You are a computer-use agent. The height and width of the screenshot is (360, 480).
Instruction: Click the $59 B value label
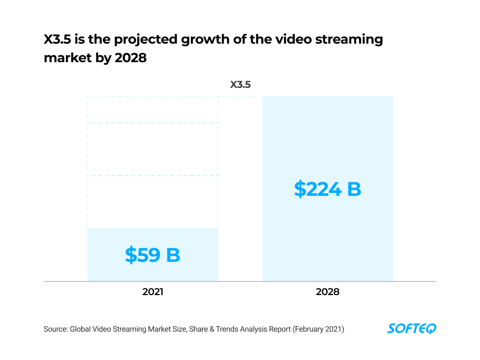152,255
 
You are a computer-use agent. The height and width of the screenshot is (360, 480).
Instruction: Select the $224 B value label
327,189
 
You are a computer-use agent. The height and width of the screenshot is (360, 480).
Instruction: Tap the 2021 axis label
153,292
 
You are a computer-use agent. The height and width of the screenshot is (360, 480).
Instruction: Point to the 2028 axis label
327,292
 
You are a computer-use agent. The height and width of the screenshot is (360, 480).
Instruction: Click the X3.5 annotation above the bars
240,85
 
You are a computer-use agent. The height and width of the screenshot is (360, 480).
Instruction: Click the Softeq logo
412,328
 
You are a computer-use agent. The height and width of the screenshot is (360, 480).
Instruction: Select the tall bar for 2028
327,136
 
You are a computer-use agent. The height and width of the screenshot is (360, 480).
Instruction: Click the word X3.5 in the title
59,39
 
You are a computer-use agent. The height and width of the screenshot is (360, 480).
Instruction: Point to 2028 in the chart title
131,57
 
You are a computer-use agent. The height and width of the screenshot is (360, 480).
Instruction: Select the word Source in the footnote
56,329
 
